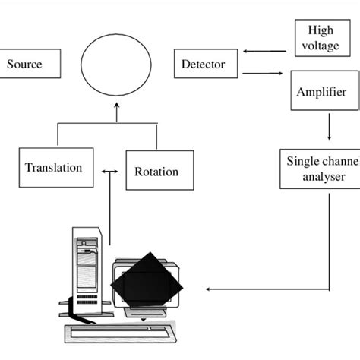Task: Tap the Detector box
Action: pyautogui.click(x=203, y=65)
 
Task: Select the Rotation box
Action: pyautogui.click(x=157, y=171)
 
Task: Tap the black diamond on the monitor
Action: pyautogui.click(x=148, y=283)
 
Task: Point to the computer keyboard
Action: pyautogui.click(x=122, y=332)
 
